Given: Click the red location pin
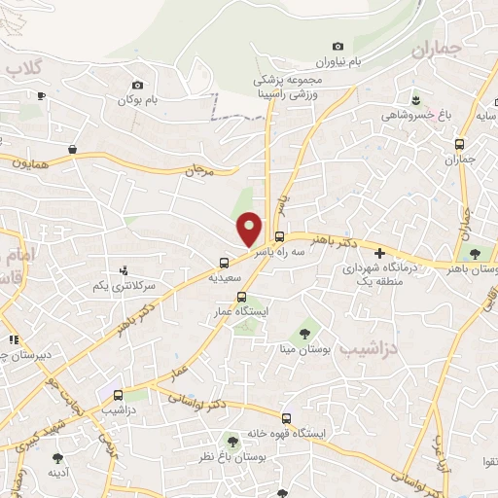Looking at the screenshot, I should point(251,228).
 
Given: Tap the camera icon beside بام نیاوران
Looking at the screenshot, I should point(338,46).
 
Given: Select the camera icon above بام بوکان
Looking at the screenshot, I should point(137,85).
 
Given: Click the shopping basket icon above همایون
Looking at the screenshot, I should point(73,149).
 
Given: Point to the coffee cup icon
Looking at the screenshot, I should point(41,95).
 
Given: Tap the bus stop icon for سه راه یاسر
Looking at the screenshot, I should point(280,236).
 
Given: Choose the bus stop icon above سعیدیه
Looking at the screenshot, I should point(225,262).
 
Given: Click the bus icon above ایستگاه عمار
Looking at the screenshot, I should point(241,298).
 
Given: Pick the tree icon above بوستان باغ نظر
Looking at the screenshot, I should point(232,440).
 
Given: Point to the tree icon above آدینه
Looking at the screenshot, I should point(57,456).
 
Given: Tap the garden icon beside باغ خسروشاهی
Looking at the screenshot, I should point(416,101).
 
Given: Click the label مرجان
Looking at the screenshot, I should point(197,169).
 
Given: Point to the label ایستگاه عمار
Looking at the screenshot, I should point(242,313).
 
